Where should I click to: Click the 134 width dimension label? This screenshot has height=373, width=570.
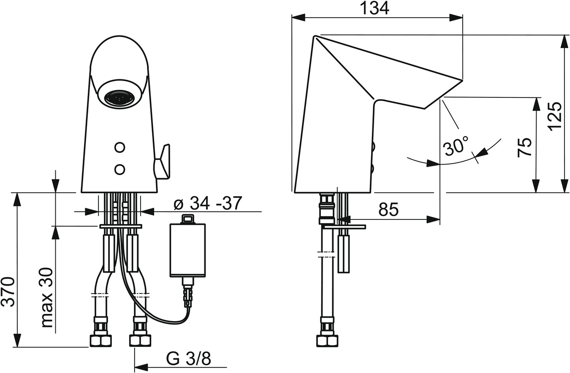coord(375,8)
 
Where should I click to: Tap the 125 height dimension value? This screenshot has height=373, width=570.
coord(555,116)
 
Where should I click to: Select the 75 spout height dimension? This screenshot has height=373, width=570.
coord(525,148)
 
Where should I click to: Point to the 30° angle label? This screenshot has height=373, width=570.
coord(456,146)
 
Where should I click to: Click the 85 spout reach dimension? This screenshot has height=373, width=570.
coord(388,210)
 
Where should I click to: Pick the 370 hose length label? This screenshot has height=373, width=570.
coord(8,292)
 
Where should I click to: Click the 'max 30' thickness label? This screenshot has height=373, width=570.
coord(46,297)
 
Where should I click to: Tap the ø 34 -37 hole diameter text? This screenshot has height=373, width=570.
coord(207,203)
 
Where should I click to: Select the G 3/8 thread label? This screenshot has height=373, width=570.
coord(189,359)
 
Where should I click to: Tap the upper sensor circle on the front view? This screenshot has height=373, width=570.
coord(119,147)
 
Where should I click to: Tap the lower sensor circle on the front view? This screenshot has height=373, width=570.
coord(119,169)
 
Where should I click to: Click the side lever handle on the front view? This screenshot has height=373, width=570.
coord(162,162)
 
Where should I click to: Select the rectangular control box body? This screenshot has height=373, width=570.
coord(188,251)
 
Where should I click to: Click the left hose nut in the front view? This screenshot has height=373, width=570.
coord(101,341)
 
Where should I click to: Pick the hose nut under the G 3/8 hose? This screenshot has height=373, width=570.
coord(140,341)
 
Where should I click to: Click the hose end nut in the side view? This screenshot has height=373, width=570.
coord(328,341)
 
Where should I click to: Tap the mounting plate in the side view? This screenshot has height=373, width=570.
coord(345,227)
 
